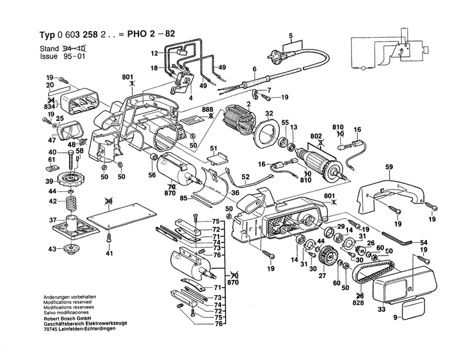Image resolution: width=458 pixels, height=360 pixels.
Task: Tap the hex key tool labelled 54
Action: pos(400,237)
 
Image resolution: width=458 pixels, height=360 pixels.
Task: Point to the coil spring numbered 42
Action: pos(72,201)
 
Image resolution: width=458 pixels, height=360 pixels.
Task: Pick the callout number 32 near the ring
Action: pos(269,113)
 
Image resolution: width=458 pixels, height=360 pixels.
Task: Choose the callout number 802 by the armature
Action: pos(316,137)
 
